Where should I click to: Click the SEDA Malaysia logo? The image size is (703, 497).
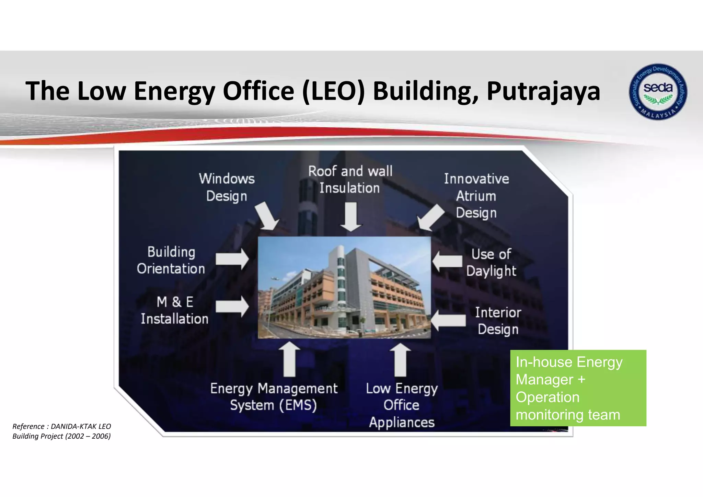tap(658, 92)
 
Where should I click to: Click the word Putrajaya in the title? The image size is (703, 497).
tap(543, 91)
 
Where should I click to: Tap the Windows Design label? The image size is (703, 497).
tap(227, 187)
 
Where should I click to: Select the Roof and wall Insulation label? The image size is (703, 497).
tap(350, 180)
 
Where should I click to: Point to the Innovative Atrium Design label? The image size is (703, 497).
tap(476, 196)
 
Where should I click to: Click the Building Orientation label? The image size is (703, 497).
tap(171, 260)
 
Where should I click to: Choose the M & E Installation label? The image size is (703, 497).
tap(175, 310)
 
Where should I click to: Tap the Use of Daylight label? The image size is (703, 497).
tap(491, 263)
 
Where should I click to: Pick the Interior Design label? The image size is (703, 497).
tap(498, 321)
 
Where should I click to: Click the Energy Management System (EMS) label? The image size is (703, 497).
tap(274, 397)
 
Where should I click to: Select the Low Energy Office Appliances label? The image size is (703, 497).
tap(402, 405)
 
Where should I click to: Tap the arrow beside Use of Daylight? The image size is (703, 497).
tap(447, 262)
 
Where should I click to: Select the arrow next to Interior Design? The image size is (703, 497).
tap(448, 321)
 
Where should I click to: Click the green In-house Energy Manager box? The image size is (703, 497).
tap(578, 388)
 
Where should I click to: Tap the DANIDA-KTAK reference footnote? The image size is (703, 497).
tap(62, 431)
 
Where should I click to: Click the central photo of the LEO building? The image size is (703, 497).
tap(344, 288)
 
